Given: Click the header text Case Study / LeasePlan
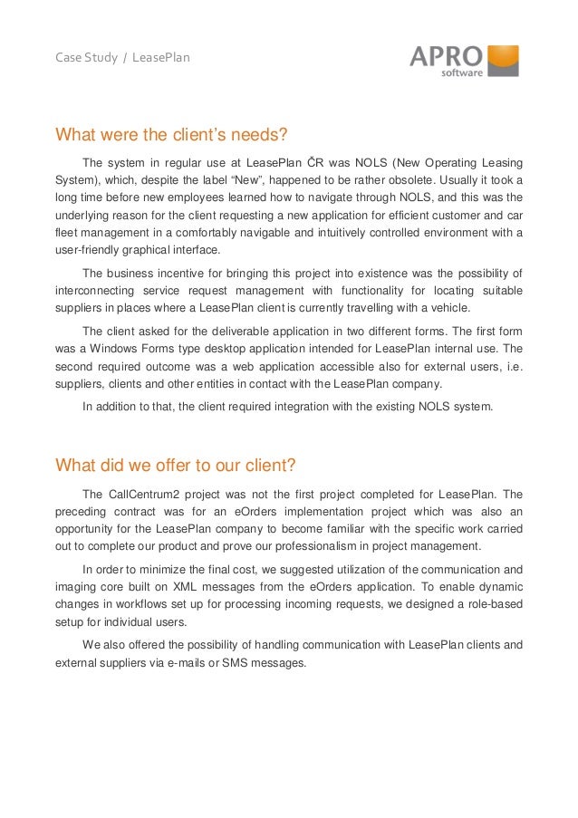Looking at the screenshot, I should pos(122,59).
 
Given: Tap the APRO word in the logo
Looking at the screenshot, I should pos(447,56).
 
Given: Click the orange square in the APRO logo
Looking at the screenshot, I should pos(503,58).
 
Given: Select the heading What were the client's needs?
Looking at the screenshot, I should pos(171,136).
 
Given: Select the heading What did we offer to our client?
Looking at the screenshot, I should pos(176,466).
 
